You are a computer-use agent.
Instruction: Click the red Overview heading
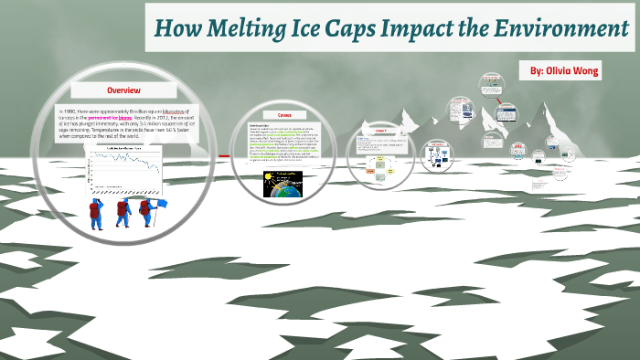(124, 91)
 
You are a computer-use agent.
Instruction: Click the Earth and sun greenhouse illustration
(283, 184)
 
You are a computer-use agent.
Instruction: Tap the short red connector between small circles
(223, 156)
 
